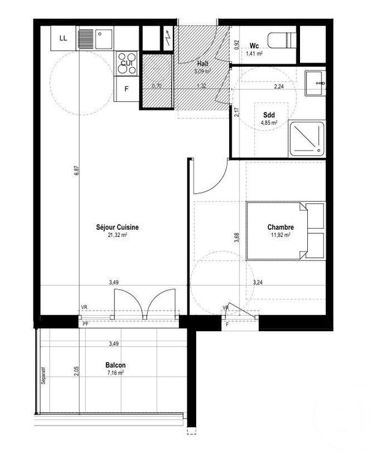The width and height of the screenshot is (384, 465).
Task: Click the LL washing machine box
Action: (x=63, y=40)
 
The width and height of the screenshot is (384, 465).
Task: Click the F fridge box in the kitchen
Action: (x=127, y=90)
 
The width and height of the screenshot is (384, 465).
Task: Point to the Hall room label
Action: (x=203, y=63)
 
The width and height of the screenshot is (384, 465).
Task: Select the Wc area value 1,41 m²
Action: (x=254, y=53)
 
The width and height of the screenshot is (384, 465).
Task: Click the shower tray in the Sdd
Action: (x=307, y=137)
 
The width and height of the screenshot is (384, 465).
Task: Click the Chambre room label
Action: (x=280, y=227)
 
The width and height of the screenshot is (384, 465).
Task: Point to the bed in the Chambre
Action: (x=285, y=230)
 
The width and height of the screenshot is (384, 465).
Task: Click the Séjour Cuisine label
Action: (x=118, y=227)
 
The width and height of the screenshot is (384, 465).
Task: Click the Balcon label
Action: (x=115, y=364)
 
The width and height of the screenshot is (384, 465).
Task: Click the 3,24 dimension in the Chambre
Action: (x=258, y=282)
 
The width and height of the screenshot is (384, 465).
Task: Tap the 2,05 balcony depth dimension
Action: (x=77, y=371)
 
